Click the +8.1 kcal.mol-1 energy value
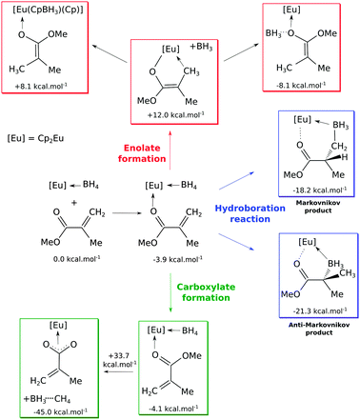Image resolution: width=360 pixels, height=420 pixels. [x=49, y=84]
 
